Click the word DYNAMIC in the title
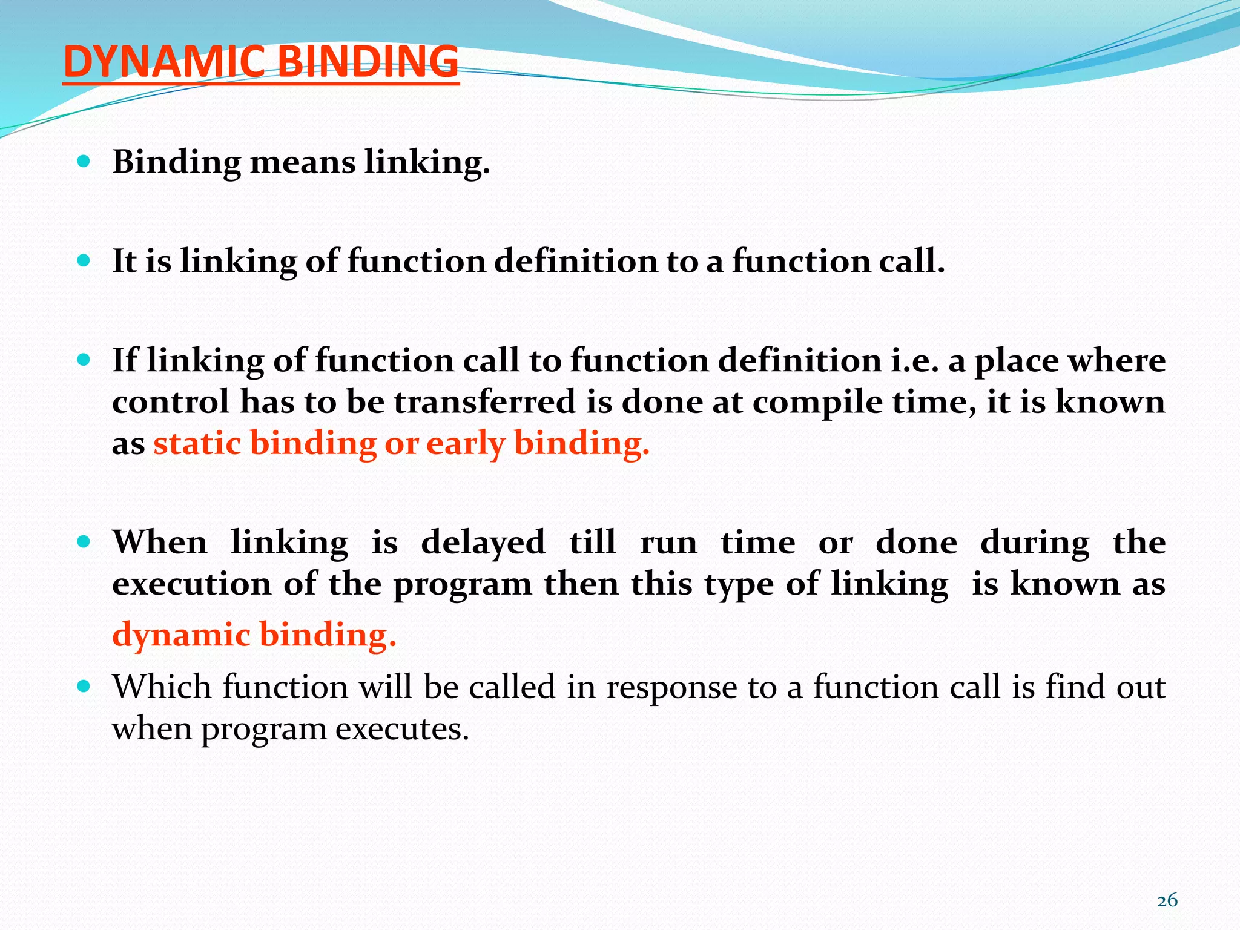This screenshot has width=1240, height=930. [x=163, y=62]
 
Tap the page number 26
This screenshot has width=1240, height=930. [x=1167, y=900]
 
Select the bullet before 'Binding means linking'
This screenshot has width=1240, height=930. [x=84, y=162]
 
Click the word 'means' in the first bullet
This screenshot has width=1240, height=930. [x=302, y=163]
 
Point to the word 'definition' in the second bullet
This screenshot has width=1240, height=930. [x=576, y=262]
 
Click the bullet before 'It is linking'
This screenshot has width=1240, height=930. [x=84, y=261]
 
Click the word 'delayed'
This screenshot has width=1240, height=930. [x=483, y=542]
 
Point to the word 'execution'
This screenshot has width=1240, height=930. [x=192, y=584]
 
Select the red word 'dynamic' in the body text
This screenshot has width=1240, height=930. [x=182, y=635]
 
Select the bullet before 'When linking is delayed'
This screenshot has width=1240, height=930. [x=84, y=541]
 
